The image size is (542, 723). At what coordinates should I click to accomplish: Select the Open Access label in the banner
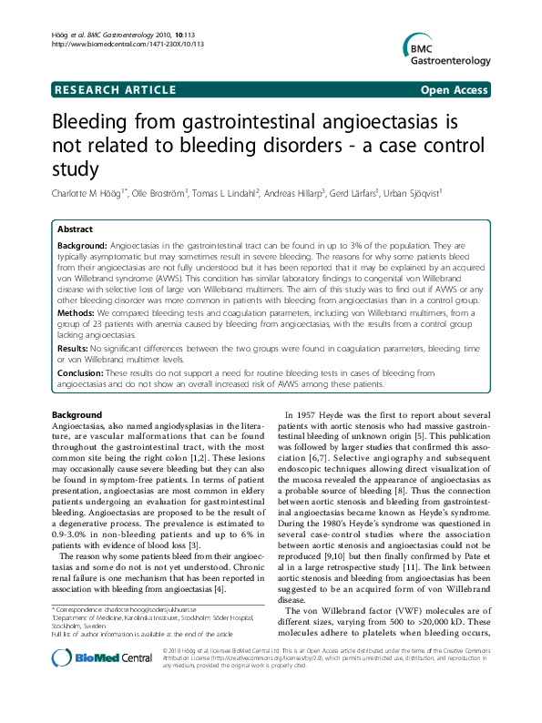coord(456,89)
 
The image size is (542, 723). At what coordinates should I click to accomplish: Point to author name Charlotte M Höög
coord(85,192)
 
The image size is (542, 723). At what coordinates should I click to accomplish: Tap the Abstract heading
coord(76,229)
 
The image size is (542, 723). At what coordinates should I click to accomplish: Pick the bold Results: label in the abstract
coord(77,347)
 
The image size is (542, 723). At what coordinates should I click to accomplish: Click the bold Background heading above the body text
coord(77,415)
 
